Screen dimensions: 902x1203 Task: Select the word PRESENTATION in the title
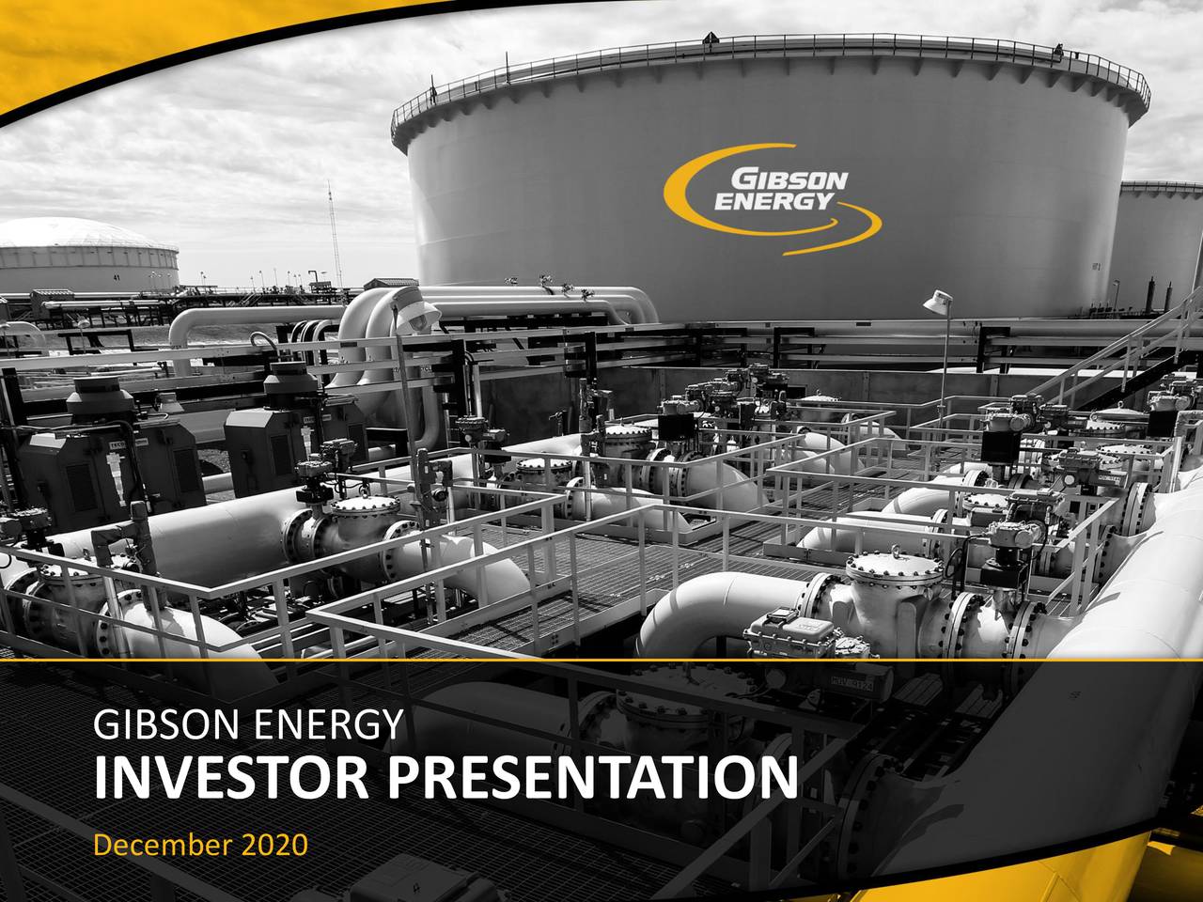591,778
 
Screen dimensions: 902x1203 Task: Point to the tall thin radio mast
330,235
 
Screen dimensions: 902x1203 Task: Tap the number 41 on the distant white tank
116,278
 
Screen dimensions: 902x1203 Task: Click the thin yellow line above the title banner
601,661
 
